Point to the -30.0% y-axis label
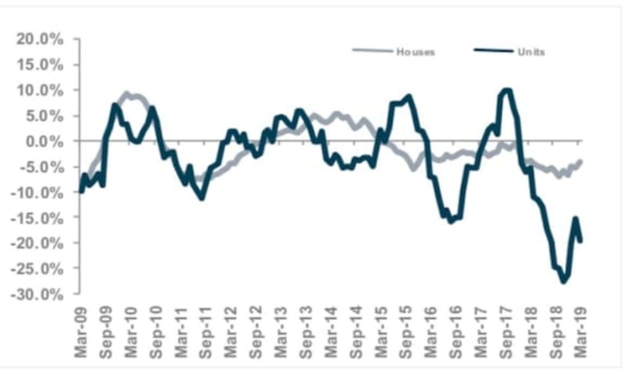(x=44, y=294)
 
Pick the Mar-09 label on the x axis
(x=81, y=333)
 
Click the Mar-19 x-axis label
(x=580, y=333)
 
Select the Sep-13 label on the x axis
(x=305, y=333)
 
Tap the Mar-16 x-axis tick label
(x=430, y=333)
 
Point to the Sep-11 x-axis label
(x=206, y=333)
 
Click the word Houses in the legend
(x=415, y=52)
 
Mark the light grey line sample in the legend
(x=372, y=51)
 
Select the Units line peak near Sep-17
(x=507, y=90)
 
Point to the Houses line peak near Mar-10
(x=127, y=94)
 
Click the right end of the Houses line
(x=581, y=160)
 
